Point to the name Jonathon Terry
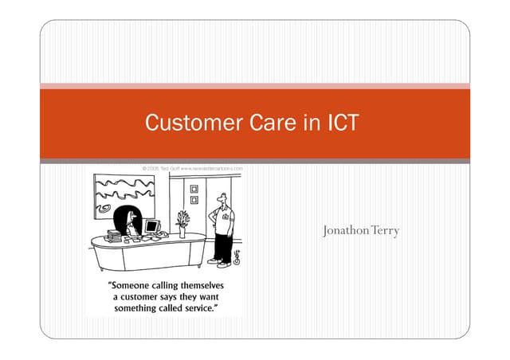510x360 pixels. (x=361, y=231)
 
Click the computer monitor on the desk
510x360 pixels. (x=152, y=227)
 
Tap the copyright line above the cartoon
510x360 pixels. (x=191, y=169)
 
